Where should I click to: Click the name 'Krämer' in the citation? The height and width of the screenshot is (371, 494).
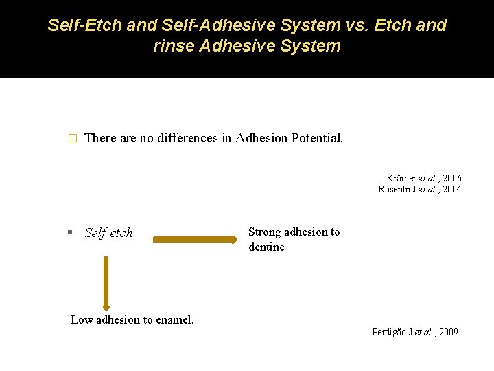tap(401, 179)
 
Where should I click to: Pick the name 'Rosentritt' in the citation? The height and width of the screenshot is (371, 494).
tap(398, 189)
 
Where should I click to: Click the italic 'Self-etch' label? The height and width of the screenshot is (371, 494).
tap(108, 233)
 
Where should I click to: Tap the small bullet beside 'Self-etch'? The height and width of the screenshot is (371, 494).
tap(71, 233)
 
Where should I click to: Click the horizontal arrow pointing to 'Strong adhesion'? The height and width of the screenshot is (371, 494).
tap(194, 240)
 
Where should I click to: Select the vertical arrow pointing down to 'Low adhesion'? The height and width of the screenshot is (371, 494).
tap(106, 282)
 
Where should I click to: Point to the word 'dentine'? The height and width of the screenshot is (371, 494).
tap(266, 247)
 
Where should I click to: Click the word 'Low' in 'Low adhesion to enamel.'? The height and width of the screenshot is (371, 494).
tap(81, 319)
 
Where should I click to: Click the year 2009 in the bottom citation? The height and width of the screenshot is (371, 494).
tap(448, 332)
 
